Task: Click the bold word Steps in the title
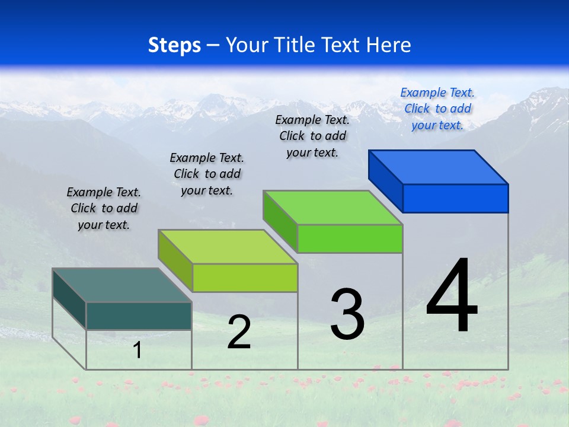click(x=174, y=45)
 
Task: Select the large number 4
click(x=452, y=296)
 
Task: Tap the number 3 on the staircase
click(x=347, y=314)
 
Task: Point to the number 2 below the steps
click(x=239, y=332)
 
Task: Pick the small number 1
click(x=137, y=350)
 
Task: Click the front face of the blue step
click(x=455, y=198)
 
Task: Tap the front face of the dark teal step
click(x=139, y=316)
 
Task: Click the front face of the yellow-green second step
click(x=245, y=278)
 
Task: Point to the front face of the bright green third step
click(x=350, y=238)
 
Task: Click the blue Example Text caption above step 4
click(x=437, y=109)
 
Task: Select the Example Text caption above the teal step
click(x=104, y=208)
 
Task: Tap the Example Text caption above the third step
click(x=312, y=136)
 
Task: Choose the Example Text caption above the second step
click(x=207, y=174)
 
